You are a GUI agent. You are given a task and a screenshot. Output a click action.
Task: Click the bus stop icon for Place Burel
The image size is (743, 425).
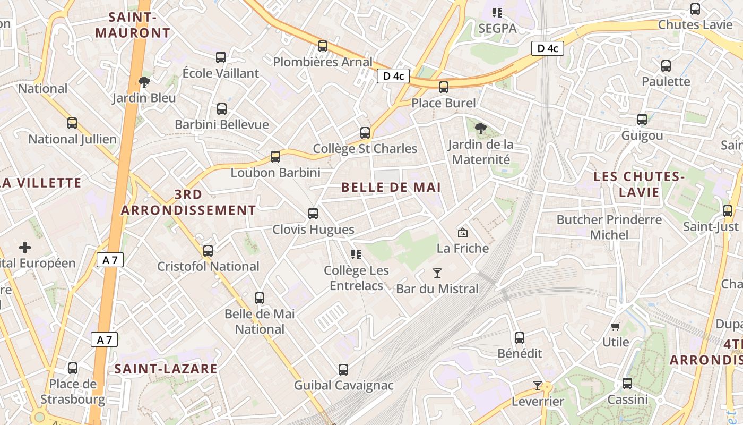coord(444,87)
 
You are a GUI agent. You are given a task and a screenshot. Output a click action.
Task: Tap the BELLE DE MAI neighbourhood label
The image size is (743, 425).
coord(391,188)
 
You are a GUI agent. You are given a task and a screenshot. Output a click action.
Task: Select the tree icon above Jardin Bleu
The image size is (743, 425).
coord(143,82)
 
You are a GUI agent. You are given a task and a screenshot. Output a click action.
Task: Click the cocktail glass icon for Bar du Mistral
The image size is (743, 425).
coord(437,273)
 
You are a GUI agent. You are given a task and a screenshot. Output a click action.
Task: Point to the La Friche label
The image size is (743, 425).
coord(462,248)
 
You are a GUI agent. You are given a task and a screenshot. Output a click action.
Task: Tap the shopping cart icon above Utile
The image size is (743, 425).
coord(616,326)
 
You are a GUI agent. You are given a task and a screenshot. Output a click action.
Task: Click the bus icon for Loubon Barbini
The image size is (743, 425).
coord(275,157)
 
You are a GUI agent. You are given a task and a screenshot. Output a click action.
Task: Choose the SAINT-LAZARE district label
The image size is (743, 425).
coord(166,369)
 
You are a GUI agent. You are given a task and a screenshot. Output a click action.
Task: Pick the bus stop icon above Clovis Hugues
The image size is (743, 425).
coord(313,214)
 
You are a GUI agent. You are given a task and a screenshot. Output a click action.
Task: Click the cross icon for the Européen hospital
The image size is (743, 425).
coord(25,248)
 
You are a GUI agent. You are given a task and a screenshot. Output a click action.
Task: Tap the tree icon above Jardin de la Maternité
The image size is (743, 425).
coord(481,128)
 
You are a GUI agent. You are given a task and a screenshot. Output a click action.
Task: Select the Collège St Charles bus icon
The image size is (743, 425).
coord(365,133)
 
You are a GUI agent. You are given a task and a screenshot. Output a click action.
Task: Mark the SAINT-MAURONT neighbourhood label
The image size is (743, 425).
coord(133,25)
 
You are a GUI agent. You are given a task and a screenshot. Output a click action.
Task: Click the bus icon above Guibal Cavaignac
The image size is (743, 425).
coord(343,369)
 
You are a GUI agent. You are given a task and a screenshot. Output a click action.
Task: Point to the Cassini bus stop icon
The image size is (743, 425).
coord(627,384)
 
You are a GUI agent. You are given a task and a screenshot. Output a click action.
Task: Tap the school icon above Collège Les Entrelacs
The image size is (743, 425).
coord(356,254)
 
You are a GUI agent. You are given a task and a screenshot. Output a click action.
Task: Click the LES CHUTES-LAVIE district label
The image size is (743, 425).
coord(640,184)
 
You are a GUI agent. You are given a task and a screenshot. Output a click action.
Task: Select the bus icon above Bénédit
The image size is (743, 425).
coord(520,337)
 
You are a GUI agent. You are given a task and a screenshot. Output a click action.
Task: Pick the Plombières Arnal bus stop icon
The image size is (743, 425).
coord(323,46)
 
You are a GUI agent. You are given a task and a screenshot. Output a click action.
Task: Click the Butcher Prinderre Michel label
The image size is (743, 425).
coord(609,227)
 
